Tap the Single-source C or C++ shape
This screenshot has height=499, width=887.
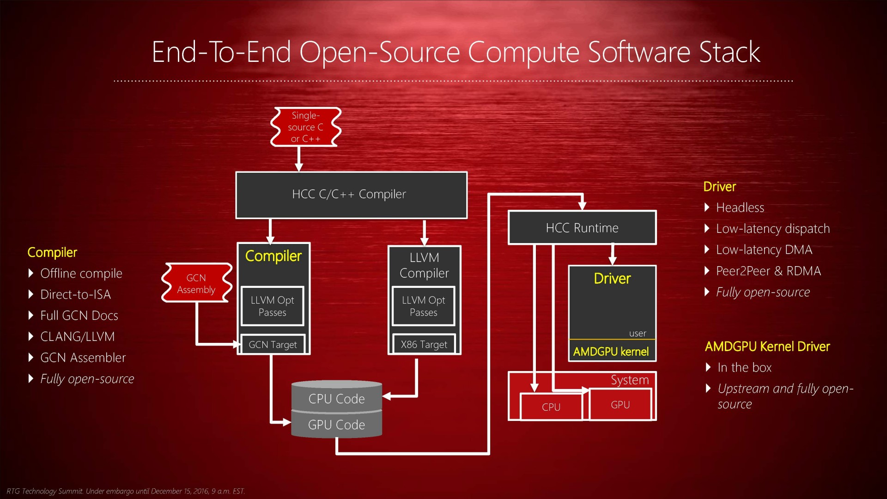coord(305,127)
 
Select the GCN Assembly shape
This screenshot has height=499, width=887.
coord(196,283)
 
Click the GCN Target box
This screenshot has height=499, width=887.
coord(273,345)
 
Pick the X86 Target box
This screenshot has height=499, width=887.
coord(424,345)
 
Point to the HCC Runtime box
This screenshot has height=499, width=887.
coord(582,228)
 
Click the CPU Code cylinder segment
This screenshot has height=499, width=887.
coord(336,398)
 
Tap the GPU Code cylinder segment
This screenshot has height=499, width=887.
coord(336,425)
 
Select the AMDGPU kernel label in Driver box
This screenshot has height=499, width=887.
coord(611,352)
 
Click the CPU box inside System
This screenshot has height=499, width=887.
coord(551,407)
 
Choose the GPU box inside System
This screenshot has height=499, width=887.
coord(620,405)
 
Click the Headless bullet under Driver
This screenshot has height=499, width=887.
coord(740,208)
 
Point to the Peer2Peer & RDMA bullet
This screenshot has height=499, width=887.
coord(768,271)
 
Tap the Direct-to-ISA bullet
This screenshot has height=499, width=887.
coord(75,295)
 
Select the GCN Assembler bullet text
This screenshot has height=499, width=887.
coord(83,358)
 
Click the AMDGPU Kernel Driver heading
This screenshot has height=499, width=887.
coord(767,347)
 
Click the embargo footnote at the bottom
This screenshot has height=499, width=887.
coord(126,491)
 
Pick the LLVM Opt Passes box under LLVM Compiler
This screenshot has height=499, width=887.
coord(423,306)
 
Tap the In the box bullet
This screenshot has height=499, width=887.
coord(744,368)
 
